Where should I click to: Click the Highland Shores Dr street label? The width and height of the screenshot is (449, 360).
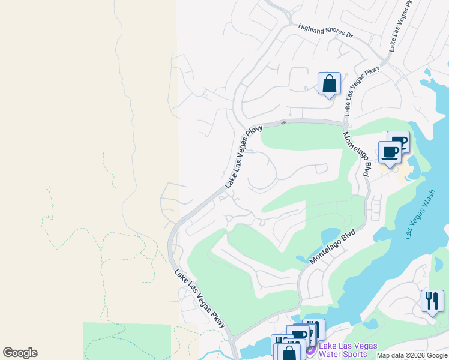325,31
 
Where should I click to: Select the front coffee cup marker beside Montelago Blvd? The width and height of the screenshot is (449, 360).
389,151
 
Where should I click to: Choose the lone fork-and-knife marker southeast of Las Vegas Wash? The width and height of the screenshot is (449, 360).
432,301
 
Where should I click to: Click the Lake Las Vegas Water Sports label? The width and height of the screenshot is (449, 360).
348,350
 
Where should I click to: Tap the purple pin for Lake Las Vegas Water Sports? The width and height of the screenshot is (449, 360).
310,350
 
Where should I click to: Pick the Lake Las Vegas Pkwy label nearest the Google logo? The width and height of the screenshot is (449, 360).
200,298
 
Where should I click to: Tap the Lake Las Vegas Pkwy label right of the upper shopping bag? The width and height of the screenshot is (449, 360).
362,91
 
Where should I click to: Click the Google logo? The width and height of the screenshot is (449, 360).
20,353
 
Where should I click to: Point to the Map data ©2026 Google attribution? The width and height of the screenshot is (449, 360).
412,355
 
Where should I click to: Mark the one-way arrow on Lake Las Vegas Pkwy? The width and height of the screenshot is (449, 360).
283,122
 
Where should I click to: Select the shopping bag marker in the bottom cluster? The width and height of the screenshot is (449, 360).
289,352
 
